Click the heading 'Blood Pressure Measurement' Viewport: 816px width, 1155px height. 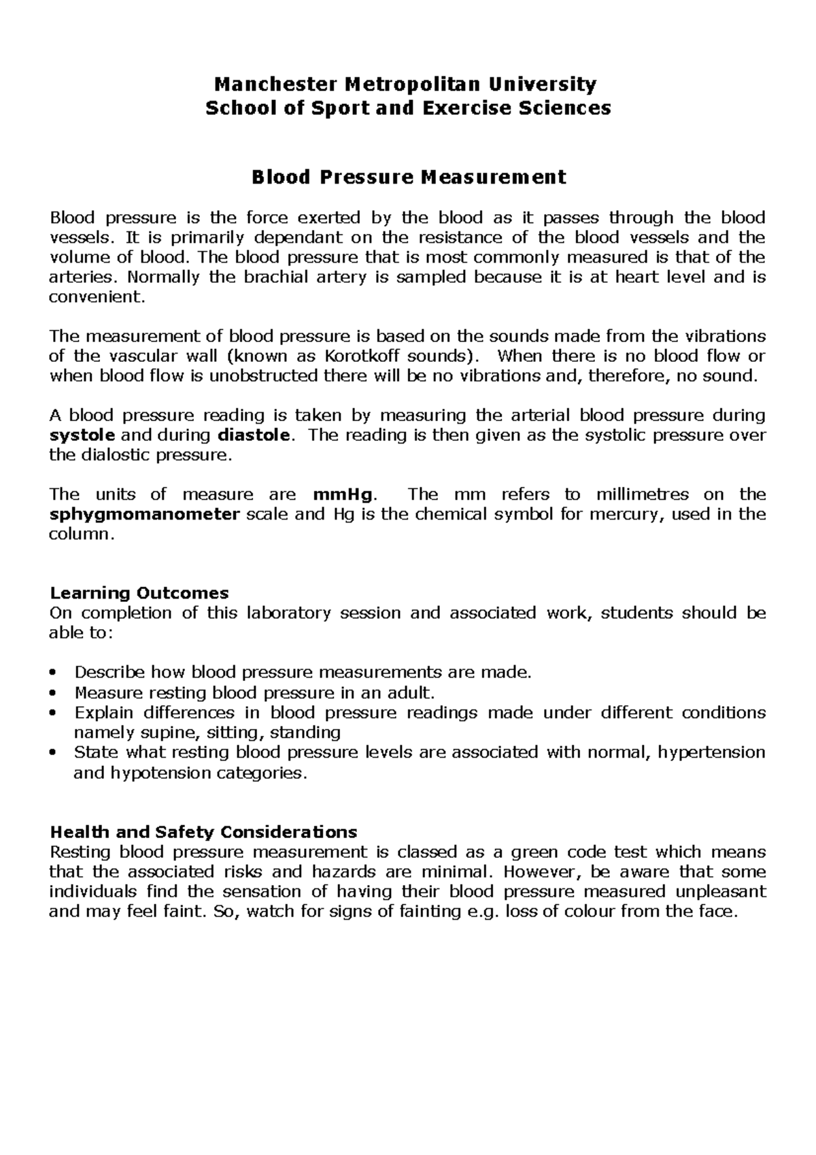click(409, 177)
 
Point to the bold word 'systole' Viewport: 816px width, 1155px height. click(82, 435)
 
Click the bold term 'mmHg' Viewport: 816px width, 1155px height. click(343, 495)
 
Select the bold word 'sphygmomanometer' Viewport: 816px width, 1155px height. click(145, 514)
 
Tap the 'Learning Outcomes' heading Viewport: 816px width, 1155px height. click(139, 593)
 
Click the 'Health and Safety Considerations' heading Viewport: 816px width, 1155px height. click(203, 832)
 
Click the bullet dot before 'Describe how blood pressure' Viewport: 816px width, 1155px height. click(53, 673)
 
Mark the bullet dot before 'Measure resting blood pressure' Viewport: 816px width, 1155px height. click(53, 693)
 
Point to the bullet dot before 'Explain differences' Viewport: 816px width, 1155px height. click(53, 713)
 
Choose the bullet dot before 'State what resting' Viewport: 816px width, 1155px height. click(53, 753)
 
